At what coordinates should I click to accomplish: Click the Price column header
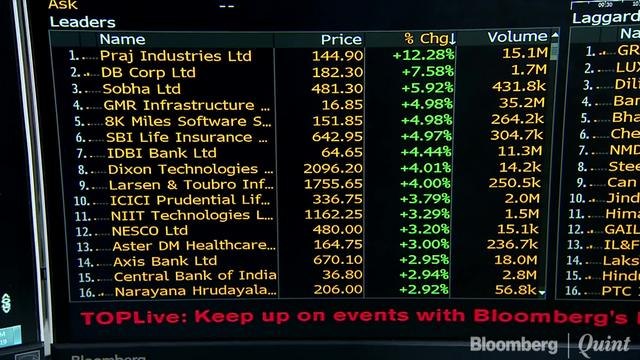coord(341,39)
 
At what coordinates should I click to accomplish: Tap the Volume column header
coord(517,37)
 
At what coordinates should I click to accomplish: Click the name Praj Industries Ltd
coord(175,56)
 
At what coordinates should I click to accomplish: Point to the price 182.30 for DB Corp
coord(337,72)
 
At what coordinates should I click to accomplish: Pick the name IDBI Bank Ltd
coord(161,153)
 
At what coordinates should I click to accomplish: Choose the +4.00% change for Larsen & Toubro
coord(423,185)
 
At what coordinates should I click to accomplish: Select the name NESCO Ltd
coord(149,231)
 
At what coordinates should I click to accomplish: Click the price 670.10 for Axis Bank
coord(339,261)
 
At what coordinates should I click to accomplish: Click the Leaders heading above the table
coord(82,21)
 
